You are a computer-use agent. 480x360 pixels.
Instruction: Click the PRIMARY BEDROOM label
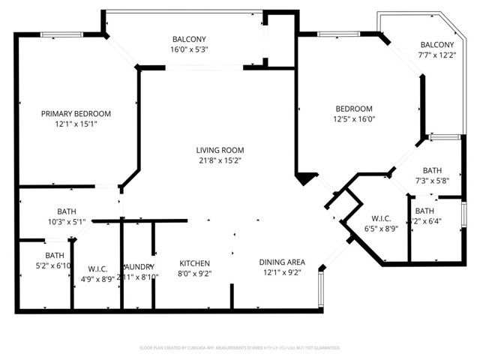pos(76,113)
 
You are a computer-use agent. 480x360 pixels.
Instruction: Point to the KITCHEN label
pos(194,263)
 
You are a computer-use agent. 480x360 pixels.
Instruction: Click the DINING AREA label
pos(282,262)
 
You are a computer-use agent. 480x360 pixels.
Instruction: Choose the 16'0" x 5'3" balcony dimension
pos(189,49)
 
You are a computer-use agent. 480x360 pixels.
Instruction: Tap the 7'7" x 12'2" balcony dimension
pos(436,54)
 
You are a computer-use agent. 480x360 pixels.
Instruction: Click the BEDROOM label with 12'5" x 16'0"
pos(353,109)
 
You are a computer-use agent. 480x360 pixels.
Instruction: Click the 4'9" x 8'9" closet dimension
pos(97,278)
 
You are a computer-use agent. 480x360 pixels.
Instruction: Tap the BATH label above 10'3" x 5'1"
pos(67,211)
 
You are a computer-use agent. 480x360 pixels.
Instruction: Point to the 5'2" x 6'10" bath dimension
pos(52,265)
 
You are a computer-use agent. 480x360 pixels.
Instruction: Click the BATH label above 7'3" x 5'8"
pos(432,170)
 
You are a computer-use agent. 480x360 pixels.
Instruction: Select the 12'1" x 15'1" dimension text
pos(76,124)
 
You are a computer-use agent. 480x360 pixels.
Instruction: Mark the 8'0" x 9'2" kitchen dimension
pos(194,274)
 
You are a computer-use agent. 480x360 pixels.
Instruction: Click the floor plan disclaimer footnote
pos(240,348)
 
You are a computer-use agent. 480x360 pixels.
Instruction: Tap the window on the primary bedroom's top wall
pos(56,34)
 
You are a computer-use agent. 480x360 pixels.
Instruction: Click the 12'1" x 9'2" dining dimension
pos(282,272)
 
